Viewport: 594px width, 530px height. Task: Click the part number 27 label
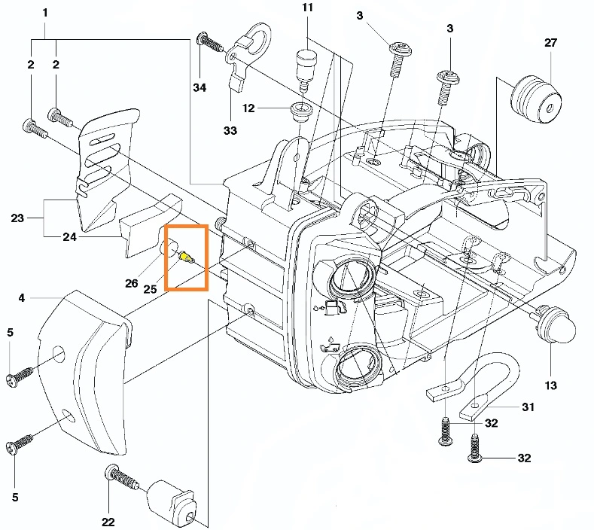tap(551, 43)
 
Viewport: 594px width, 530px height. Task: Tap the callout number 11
tap(307, 8)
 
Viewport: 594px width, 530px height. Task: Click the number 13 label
tap(551, 386)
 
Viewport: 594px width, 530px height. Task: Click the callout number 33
tap(230, 130)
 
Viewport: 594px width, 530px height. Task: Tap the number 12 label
tap(249, 109)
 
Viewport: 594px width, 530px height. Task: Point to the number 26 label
tap(131, 284)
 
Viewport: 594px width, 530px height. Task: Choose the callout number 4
tap(22, 298)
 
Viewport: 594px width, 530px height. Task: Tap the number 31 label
tap(529, 407)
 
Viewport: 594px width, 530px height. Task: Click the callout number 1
tap(46, 14)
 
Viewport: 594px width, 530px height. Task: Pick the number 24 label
tap(69, 237)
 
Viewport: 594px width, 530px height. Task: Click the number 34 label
tap(199, 88)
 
